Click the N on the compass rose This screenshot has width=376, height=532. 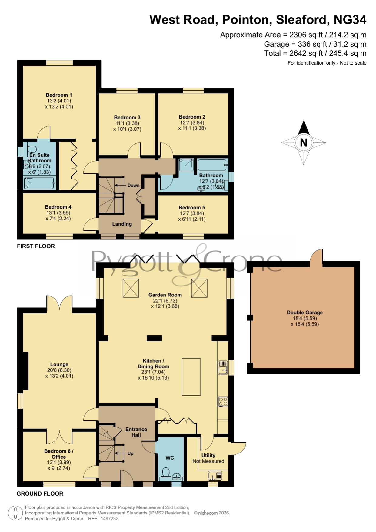point(304,142)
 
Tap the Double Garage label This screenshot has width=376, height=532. point(305,313)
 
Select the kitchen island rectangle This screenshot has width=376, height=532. point(191,377)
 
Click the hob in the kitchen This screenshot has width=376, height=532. point(223,402)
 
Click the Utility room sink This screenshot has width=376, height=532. point(215,476)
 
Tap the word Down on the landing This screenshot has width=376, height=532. point(133,185)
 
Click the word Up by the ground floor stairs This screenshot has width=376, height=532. point(130,453)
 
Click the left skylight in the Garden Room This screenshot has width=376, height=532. point(131,288)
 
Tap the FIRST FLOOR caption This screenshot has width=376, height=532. point(36,246)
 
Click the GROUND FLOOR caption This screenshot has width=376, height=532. point(40,494)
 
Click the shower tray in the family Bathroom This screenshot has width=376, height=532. point(186,166)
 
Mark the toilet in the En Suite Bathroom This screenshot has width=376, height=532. point(32,148)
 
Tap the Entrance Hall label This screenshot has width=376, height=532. point(136,432)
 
